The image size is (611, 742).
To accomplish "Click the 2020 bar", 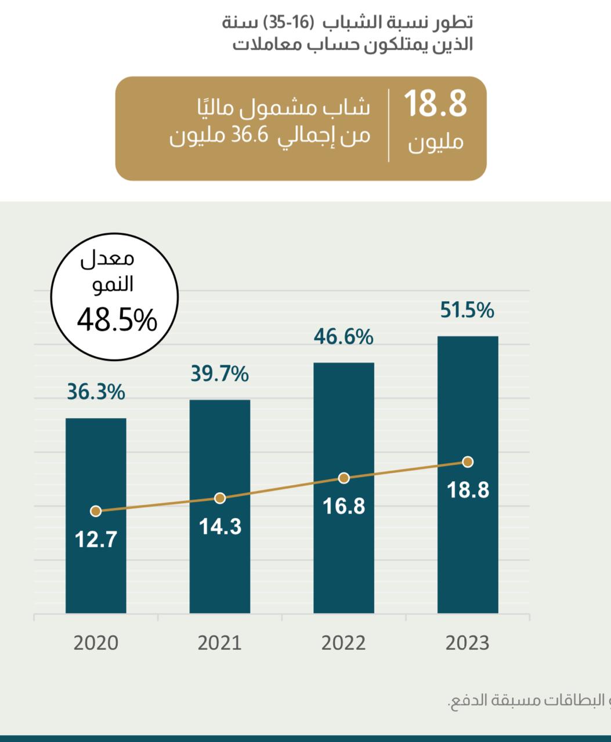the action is point(96,516).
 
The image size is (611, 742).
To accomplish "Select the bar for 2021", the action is point(220,507).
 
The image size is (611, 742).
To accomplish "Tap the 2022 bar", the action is point(344,488).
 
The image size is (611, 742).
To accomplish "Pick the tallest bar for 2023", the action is point(468,475).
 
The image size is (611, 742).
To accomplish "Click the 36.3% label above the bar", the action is point(96,392).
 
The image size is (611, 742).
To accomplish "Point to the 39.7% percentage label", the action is point(220,373).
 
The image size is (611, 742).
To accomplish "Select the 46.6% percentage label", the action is point(344,337).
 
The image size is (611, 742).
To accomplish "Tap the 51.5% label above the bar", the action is point(467,310).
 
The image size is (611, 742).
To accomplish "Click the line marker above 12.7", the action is point(96,511).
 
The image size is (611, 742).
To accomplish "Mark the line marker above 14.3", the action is point(220,498).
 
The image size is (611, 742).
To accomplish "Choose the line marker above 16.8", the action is point(344,478).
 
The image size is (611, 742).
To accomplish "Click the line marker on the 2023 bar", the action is point(468,462).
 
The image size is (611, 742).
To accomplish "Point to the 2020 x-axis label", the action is point(96,643).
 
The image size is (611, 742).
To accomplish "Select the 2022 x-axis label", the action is point(344,643).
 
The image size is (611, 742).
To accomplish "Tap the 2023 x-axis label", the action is point(467,643).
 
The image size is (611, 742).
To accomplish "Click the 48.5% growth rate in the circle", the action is point(117,320).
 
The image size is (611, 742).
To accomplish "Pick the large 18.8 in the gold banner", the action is point(435,104).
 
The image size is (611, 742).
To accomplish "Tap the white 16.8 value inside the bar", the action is point(344,507).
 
